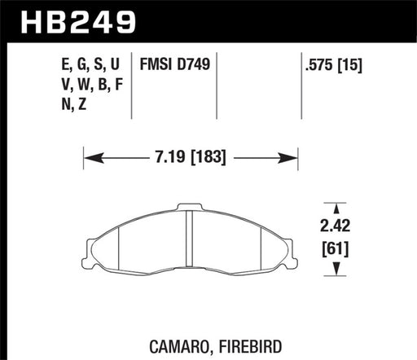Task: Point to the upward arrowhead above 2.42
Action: (x=332, y=206)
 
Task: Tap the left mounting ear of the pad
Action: (x=92, y=244)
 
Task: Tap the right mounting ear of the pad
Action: (x=287, y=244)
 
